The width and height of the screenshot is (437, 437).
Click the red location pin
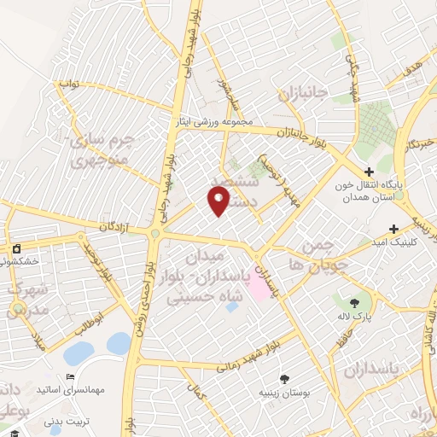click(219, 200)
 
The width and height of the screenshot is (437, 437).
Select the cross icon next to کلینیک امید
click(393, 229)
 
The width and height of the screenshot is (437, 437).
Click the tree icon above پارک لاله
click(354, 301)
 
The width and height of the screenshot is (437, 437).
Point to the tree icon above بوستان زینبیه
click(284, 378)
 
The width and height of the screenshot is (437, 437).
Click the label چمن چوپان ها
click(316, 255)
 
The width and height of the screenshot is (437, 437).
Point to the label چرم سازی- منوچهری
click(100, 149)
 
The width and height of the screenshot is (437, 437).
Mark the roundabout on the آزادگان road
click(155, 234)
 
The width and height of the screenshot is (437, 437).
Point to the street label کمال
click(201, 393)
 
